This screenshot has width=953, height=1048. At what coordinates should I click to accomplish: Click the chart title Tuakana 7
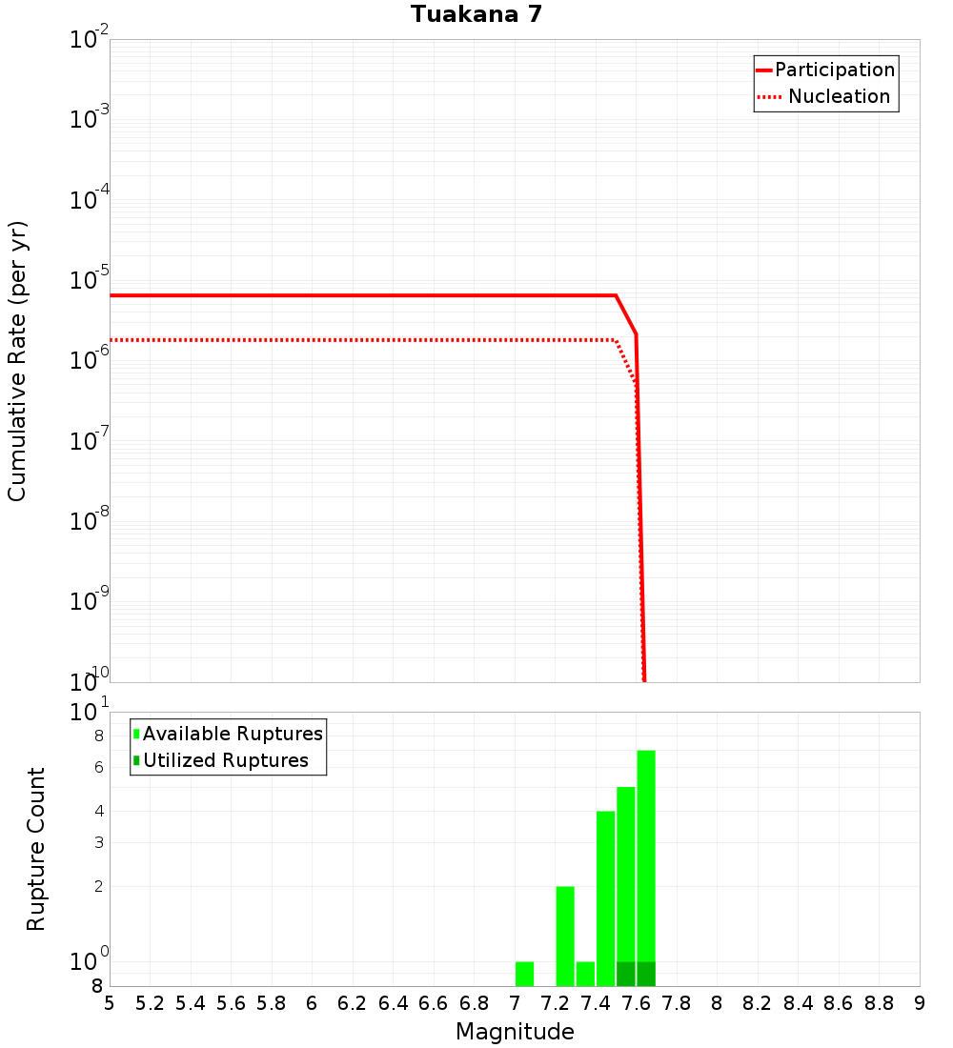476,14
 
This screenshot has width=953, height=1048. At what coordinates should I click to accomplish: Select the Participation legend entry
834,71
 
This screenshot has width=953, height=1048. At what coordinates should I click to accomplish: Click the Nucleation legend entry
838,97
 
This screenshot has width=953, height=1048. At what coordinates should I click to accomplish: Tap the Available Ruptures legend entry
232,735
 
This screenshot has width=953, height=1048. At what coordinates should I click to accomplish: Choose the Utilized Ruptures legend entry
225,761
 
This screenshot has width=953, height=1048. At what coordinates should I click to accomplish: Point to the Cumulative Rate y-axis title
17,360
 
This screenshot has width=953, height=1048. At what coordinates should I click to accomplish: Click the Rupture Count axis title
36,849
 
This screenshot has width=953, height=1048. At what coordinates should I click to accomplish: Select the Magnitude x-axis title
515,1032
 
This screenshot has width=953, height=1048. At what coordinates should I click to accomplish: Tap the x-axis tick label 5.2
150,1003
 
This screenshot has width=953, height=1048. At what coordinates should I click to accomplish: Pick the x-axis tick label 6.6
434,1003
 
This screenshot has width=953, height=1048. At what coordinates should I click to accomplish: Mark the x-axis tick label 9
919,1003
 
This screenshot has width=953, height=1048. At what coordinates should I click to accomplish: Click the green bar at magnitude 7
524,974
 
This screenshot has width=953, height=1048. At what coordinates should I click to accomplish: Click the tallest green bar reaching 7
646,857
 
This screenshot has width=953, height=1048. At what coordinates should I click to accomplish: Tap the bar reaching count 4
605,896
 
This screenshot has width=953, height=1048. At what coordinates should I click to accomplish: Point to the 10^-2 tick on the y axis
90,40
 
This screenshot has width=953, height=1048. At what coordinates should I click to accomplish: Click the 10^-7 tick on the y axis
90,441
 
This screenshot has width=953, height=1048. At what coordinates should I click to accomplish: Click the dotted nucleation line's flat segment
362,340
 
